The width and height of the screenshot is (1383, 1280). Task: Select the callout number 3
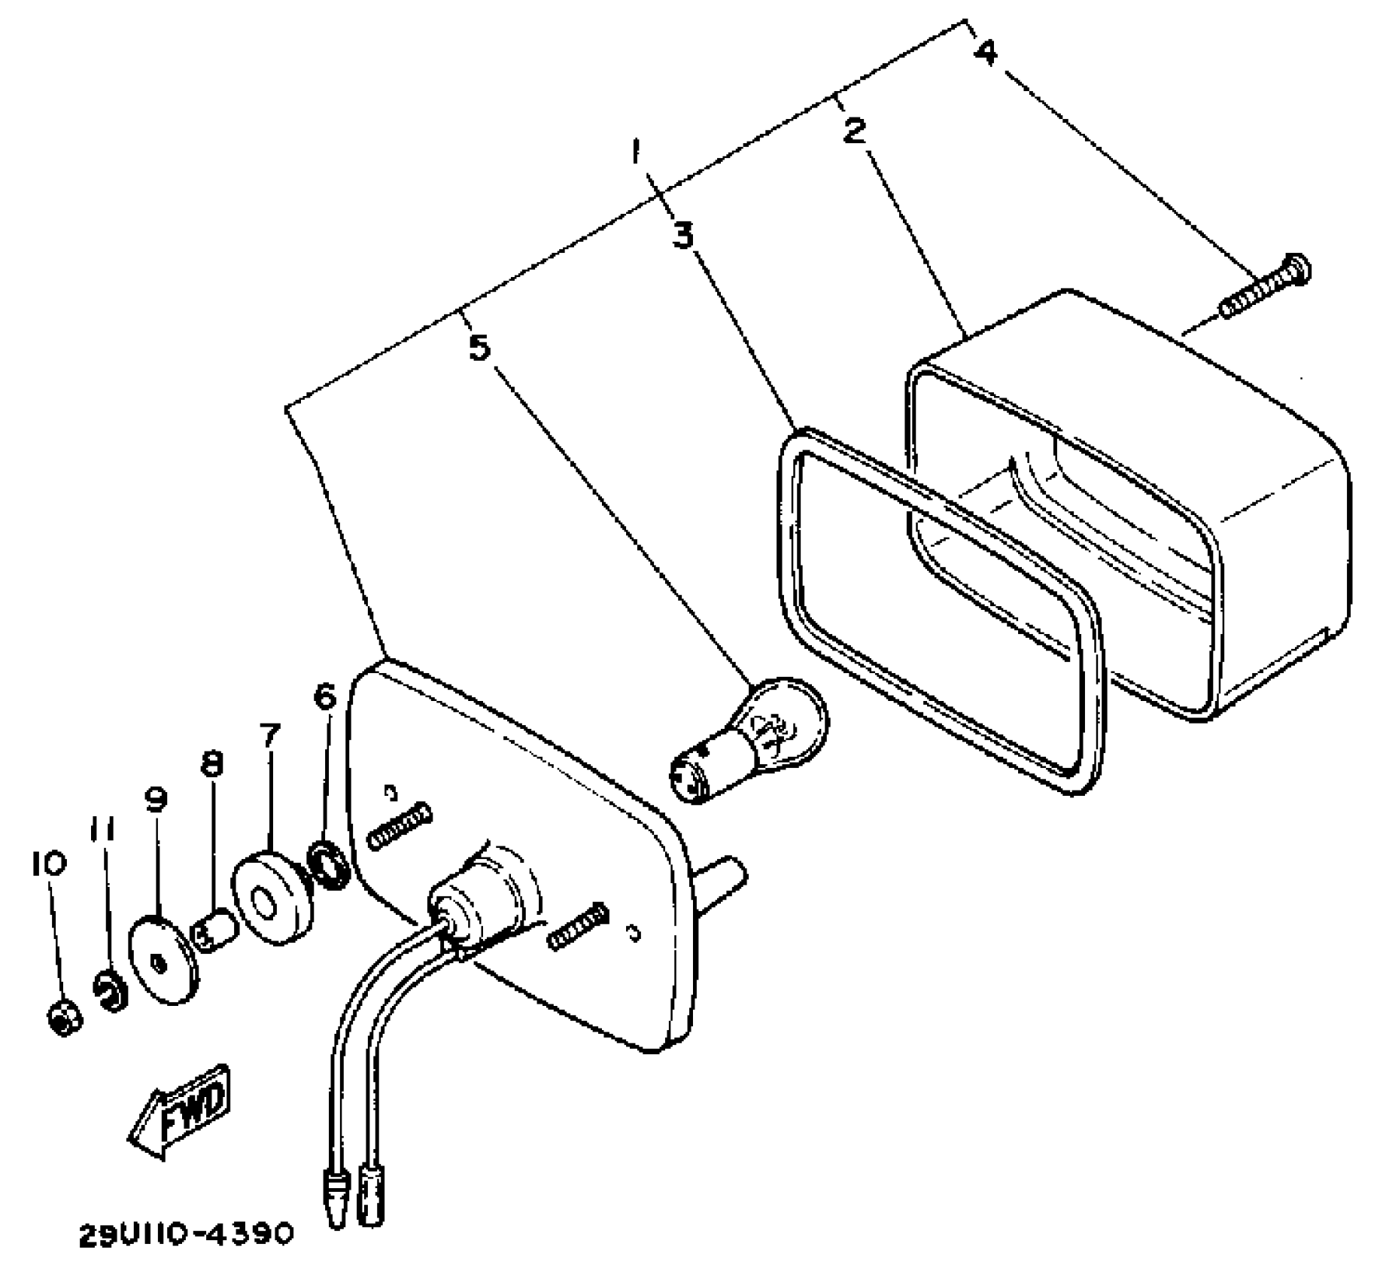(683, 236)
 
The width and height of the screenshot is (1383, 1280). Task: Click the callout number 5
(480, 347)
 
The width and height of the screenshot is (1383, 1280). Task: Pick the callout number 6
(325, 697)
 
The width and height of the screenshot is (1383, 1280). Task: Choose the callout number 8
(212, 764)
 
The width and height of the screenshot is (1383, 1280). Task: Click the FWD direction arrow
(181, 1109)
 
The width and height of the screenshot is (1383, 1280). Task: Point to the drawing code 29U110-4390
(184, 1234)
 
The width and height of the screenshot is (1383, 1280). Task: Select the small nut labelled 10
(65, 1019)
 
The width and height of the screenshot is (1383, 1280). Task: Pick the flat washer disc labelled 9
(165, 960)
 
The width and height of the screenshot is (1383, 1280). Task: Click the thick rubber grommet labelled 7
(272, 898)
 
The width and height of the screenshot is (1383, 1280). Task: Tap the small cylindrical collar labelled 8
(216, 932)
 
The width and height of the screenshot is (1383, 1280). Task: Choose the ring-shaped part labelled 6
(329, 864)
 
